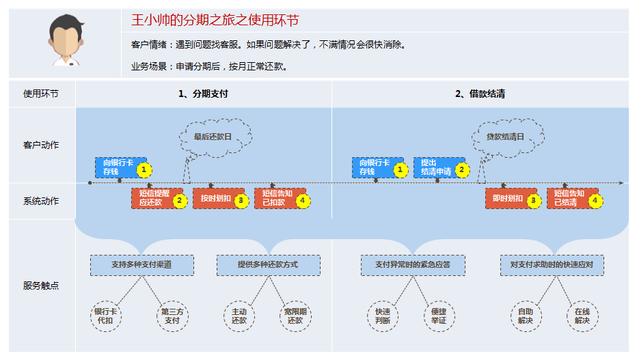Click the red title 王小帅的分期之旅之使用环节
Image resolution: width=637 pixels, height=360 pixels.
point(215,20)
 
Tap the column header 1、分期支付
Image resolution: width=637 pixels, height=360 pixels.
point(203,94)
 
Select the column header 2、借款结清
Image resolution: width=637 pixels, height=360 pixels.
point(480,94)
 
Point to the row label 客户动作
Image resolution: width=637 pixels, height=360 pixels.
point(41,146)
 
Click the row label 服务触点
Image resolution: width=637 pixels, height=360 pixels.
point(41,286)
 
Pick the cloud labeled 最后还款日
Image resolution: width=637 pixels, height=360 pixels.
point(213,137)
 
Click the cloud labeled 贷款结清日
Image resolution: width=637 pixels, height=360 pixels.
point(505,137)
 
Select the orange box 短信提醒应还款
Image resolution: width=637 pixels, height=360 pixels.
point(152,198)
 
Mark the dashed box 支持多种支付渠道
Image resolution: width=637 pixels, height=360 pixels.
point(141,265)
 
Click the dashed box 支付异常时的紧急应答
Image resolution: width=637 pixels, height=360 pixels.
point(413,265)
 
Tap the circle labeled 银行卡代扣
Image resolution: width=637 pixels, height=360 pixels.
point(105,316)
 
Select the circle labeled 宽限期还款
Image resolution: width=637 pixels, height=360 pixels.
point(295,316)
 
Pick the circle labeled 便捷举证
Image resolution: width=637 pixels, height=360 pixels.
point(437,316)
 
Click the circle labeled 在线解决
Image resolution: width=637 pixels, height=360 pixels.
point(582,316)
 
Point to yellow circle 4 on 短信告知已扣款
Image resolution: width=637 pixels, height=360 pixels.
point(303,201)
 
